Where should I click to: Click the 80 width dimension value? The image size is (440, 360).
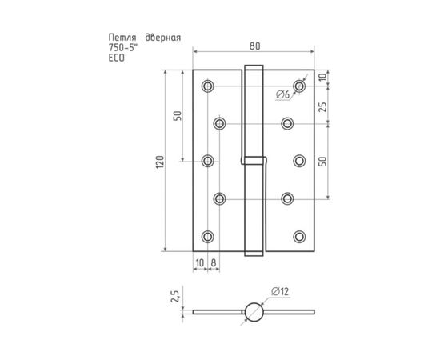(254, 46)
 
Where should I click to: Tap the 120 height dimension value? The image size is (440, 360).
(160, 162)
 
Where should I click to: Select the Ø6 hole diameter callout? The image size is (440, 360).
(282, 94)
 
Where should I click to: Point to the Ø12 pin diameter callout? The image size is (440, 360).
(280, 292)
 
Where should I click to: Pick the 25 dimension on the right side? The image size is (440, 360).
(323, 106)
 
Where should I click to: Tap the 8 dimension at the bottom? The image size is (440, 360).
(214, 263)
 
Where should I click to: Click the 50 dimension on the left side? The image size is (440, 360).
(178, 116)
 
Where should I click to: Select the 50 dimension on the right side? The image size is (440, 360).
(323, 162)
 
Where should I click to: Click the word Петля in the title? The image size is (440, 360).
(122, 38)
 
